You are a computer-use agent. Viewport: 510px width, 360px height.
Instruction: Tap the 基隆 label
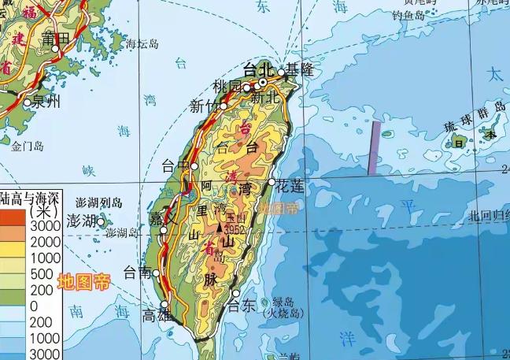[x=299, y=69]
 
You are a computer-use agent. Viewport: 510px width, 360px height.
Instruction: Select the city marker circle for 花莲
[x=272, y=182]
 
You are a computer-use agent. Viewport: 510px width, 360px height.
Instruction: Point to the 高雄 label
[x=156, y=316]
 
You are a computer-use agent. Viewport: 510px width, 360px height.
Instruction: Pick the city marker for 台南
[x=157, y=273]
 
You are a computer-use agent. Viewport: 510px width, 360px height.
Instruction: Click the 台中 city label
[x=175, y=165]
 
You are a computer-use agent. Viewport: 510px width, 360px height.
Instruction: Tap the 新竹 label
[x=203, y=106]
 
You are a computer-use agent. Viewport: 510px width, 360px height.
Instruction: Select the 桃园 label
[x=227, y=84]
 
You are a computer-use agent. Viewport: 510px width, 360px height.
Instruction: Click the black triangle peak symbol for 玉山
[x=220, y=228]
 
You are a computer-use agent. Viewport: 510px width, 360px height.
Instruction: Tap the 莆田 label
[x=57, y=37]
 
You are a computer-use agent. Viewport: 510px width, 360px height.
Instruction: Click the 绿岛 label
[x=282, y=302]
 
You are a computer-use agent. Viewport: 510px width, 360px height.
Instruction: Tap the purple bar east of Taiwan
[x=375, y=147]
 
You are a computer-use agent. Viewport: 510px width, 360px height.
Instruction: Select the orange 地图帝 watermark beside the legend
[x=83, y=280]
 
